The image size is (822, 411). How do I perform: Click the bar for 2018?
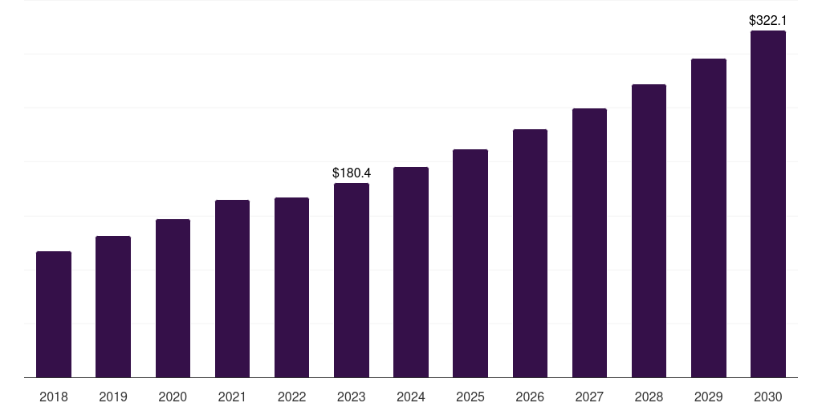click(54, 315)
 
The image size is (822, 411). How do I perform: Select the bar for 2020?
click(173, 299)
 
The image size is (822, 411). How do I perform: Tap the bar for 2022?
click(291, 287)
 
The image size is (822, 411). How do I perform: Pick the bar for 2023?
click(352, 280)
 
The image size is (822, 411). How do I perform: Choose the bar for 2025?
click(470, 263)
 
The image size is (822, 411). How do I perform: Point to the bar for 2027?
click(589, 243)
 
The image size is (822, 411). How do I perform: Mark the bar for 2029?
click(709, 218)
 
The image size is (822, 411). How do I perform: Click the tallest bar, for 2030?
click(768, 204)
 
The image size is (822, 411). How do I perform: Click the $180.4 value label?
click(352, 173)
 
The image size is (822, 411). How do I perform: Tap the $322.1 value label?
click(768, 20)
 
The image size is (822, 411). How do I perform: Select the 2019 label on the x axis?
click(113, 397)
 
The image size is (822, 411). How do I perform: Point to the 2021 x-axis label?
click(232, 397)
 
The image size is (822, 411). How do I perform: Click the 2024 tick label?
click(411, 397)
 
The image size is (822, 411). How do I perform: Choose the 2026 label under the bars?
click(530, 397)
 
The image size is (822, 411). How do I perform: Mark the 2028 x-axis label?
click(649, 397)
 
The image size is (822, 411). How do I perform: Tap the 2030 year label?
click(768, 397)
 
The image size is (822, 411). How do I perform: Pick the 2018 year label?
click(54, 397)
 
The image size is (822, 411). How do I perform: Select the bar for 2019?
click(113, 307)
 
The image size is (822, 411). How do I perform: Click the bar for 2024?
click(411, 272)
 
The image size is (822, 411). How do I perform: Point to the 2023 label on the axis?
click(352, 397)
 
